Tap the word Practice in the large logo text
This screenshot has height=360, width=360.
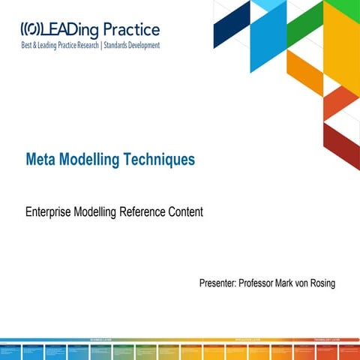click(x=130, y=30)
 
